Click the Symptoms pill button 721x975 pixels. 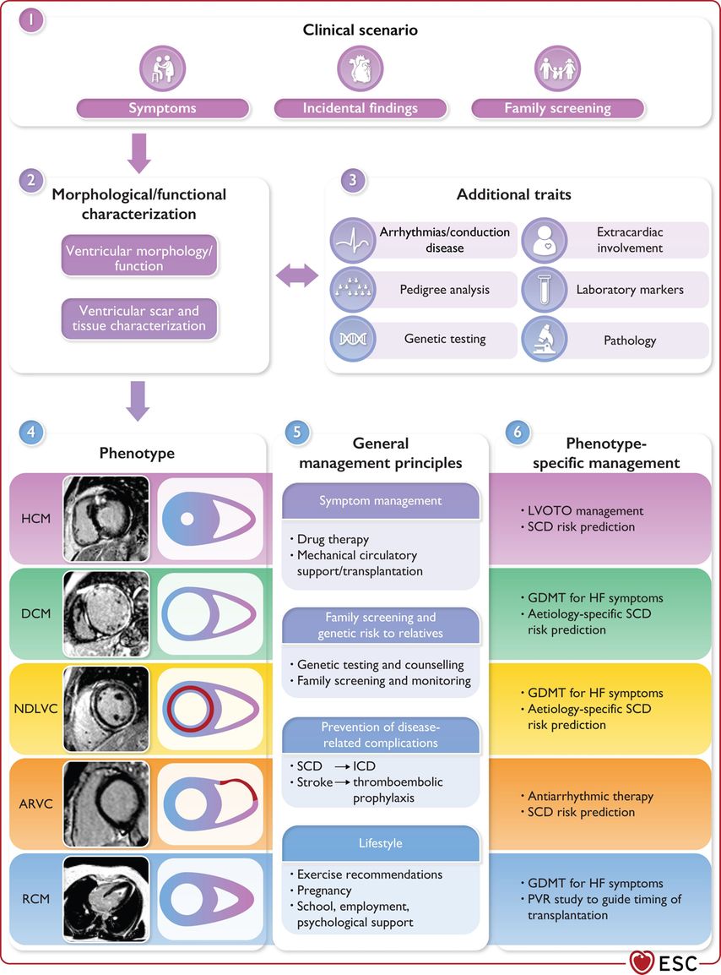coord(162,108)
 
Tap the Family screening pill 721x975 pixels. coord(557,108)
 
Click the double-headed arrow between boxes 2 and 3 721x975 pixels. coord(298,275)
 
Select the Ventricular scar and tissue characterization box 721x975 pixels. coord(139,319)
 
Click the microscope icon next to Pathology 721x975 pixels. coord(544,340)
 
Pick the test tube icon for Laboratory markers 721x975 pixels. coord(544,290)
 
